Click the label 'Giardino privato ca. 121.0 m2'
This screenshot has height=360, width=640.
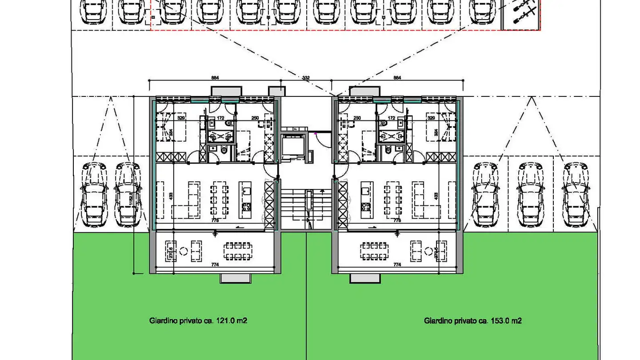(x=198, y=320)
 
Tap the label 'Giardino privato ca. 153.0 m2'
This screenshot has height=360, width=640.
(x=472, y=320)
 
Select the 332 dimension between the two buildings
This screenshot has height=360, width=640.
(x=306, y=78)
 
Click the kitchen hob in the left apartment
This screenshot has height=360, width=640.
(x=247, y=207)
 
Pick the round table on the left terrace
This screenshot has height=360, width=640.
(x=184, y=252)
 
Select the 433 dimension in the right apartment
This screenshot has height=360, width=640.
(x=436, y=196)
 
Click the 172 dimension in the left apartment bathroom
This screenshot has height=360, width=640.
(x=220, y=118)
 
